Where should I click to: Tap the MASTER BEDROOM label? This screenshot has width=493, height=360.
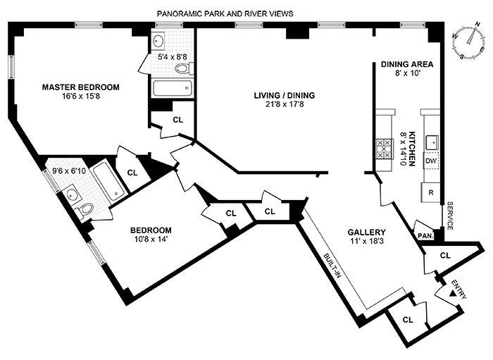click(80, 87)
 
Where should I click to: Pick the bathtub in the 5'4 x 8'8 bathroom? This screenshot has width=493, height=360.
click(172, 89)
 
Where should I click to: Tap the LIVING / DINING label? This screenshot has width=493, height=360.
click(285, 96)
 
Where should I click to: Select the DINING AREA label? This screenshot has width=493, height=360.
click(407, 64)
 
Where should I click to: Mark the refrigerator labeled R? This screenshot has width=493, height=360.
click(431, 191)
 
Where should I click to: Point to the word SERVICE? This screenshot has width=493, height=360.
click(449, 215)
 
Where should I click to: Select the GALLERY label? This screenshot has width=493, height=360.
click(366, 232)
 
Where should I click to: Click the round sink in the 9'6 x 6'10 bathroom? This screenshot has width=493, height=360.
click(70, 192)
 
